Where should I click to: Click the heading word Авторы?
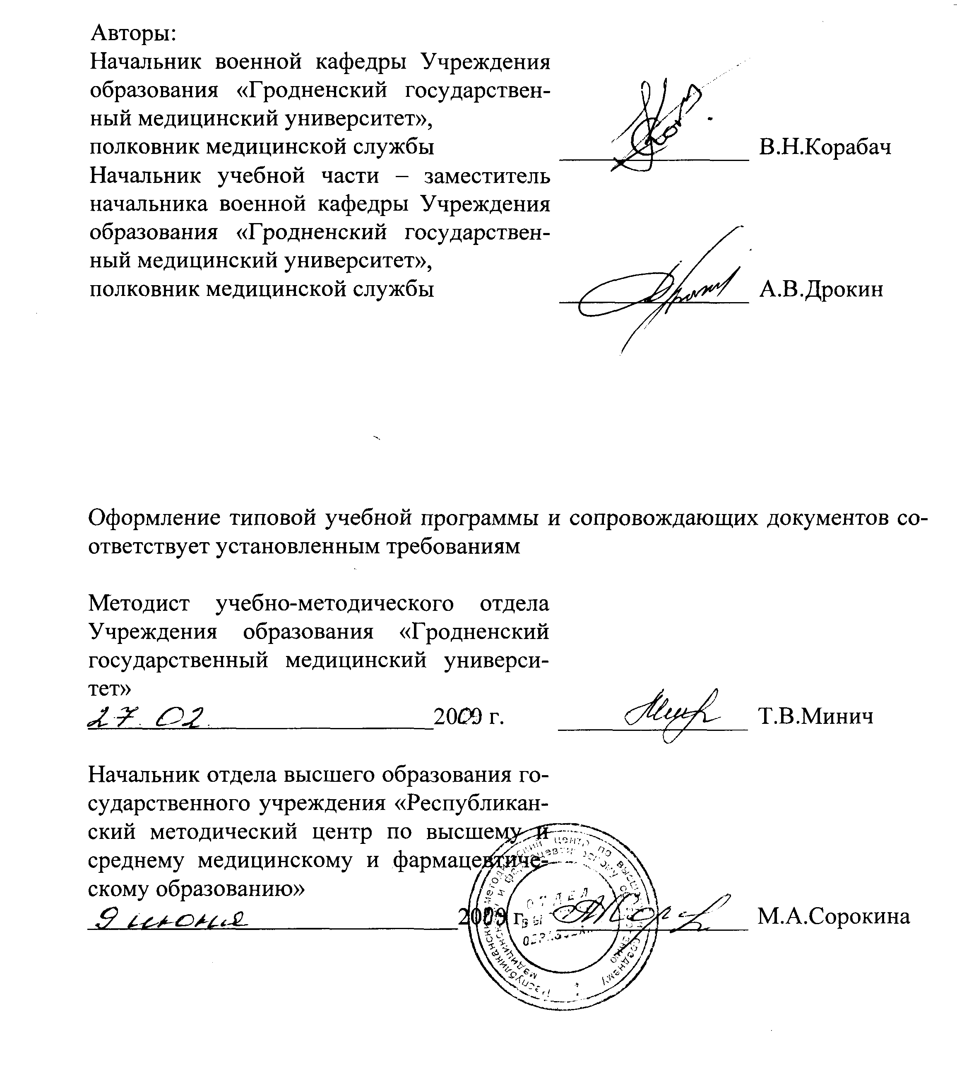(134, 33)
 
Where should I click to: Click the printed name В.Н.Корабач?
(825, 148)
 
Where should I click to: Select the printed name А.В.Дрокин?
(821, 289)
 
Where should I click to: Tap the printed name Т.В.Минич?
(815, 716)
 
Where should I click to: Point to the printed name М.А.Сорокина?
(833, 916)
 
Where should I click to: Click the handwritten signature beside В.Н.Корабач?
(657, 126)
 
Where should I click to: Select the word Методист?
(139, 603)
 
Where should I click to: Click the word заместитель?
(487, 175)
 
